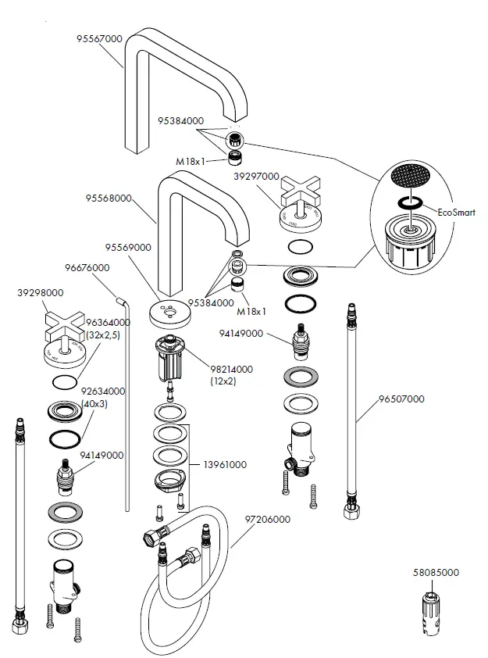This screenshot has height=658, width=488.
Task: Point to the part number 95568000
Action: click(x=108, y=198)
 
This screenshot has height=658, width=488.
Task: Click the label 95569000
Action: click(x=129, y=247)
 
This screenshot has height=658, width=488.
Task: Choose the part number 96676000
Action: click(x=87, y=267)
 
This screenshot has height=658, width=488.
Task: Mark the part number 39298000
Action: click(x=40, y=293)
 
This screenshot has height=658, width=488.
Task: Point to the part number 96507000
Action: click(x=401, y=399)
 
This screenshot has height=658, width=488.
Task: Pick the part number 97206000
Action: click(x=267, y=519)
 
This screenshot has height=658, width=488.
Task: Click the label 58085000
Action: click(x=436, y=573)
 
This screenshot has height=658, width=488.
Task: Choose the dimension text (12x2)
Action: click(x=223, y=381)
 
